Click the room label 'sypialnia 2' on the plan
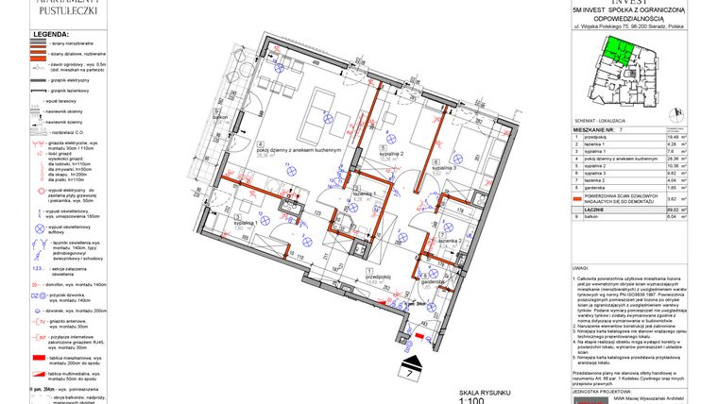click(x=392, y=154)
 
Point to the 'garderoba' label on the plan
click(x=435, y=281)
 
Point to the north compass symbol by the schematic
click(x=674, y=112)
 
